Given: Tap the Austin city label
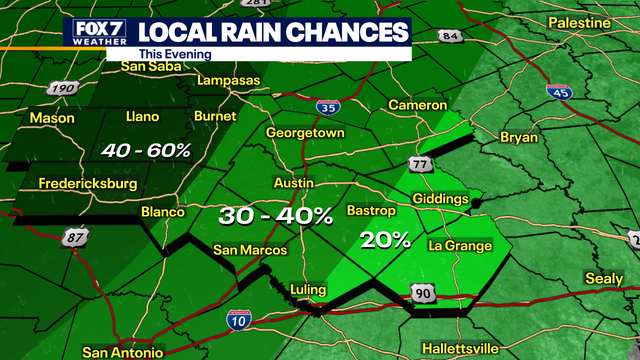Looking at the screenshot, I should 294,185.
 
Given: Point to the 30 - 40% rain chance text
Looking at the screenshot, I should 276,215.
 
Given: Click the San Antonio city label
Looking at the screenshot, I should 121,352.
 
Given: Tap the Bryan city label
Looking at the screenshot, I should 518,137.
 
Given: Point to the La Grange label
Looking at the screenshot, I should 460,245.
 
